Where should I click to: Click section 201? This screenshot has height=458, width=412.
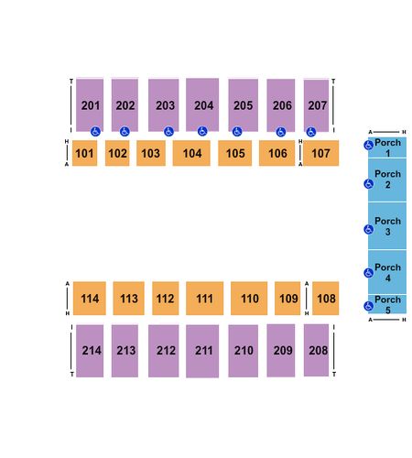pos(90,105)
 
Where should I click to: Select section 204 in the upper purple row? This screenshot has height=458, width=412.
pos(202,104)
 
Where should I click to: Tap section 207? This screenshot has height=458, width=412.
pos(316,105)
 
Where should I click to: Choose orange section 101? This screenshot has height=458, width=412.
pos(84,153)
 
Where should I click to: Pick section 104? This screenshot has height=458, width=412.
pos(191,153)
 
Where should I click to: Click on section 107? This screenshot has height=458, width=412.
pos(320,153)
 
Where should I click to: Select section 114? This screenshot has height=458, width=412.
pos(90,299)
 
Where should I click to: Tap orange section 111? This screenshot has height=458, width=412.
pos(205,299)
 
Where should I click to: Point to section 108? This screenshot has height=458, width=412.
pos(326,299)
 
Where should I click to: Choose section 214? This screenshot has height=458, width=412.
pos(90,351)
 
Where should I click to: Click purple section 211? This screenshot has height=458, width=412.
pos(202,351)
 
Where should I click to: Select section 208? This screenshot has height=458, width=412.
pos(316,350)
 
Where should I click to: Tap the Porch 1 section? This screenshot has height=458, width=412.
pos(387,147)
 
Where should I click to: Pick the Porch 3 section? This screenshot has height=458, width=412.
pos(387,226)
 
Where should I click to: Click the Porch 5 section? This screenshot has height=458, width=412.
pos(387,304)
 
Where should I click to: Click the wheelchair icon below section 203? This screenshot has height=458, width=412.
pos(168,132)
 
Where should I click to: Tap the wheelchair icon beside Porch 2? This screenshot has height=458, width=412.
pos(369,184)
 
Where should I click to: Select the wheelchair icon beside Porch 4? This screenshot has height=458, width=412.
pos(369,273)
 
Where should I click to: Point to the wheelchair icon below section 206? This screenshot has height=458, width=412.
pos(281,132)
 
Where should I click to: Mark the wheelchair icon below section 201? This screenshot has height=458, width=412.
pos(95,132)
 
